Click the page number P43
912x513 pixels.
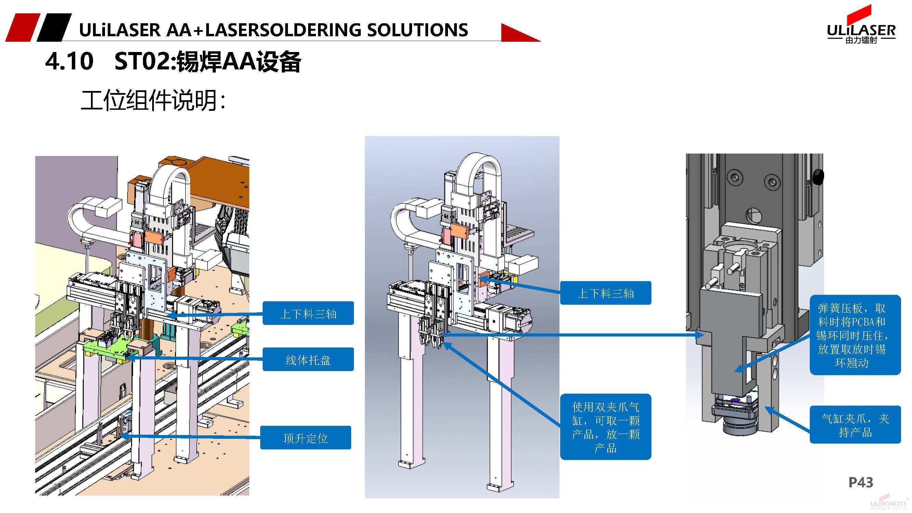861,482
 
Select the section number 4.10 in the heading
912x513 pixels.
69,61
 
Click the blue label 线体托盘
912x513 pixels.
308,359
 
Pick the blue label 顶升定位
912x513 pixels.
305,438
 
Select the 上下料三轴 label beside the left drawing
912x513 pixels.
308,313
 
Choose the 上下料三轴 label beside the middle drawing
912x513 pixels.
605,293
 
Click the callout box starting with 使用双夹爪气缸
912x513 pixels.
605,426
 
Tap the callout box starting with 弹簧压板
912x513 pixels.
855,335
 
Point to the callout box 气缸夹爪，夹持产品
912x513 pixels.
855,424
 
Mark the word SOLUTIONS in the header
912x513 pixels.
418,30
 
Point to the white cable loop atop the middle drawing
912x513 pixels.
478,167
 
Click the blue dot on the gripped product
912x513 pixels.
735,400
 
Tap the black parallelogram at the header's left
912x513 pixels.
54,28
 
